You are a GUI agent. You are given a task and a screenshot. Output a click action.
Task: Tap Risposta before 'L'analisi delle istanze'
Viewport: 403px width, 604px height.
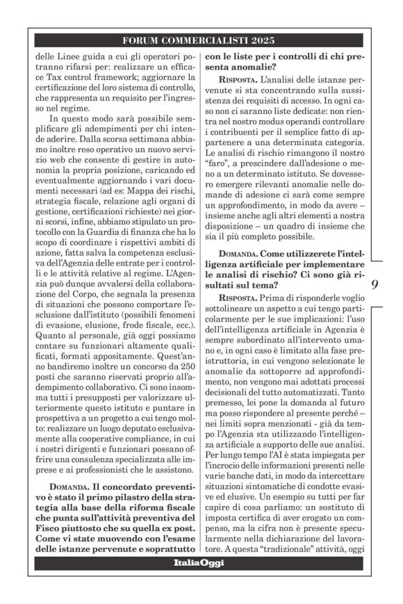click(236, 83)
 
